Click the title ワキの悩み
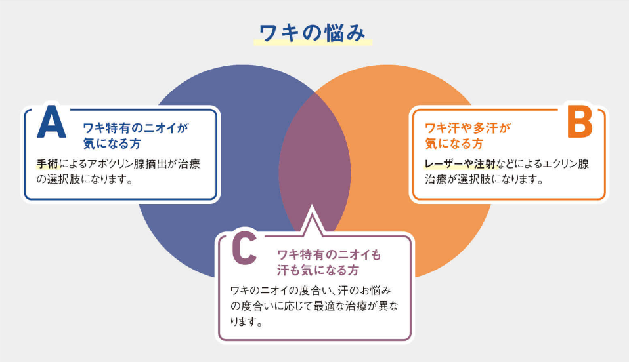click(312, 33)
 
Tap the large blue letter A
click(51, 121)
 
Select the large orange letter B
click(580, 121)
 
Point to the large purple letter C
click(244, 249)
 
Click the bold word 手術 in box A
click(47, 164)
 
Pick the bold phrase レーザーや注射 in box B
click(460, 164)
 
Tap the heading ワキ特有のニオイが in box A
click(136, 129)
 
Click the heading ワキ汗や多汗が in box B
click(467, 129)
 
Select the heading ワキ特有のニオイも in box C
click(329, 254)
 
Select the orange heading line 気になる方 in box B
click(454, 144)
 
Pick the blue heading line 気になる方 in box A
click(112, 144)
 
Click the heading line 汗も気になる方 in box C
click(318, 270)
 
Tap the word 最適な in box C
click(330, 306)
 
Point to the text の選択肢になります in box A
click(85, 180)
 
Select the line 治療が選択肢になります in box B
click(484, 180)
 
